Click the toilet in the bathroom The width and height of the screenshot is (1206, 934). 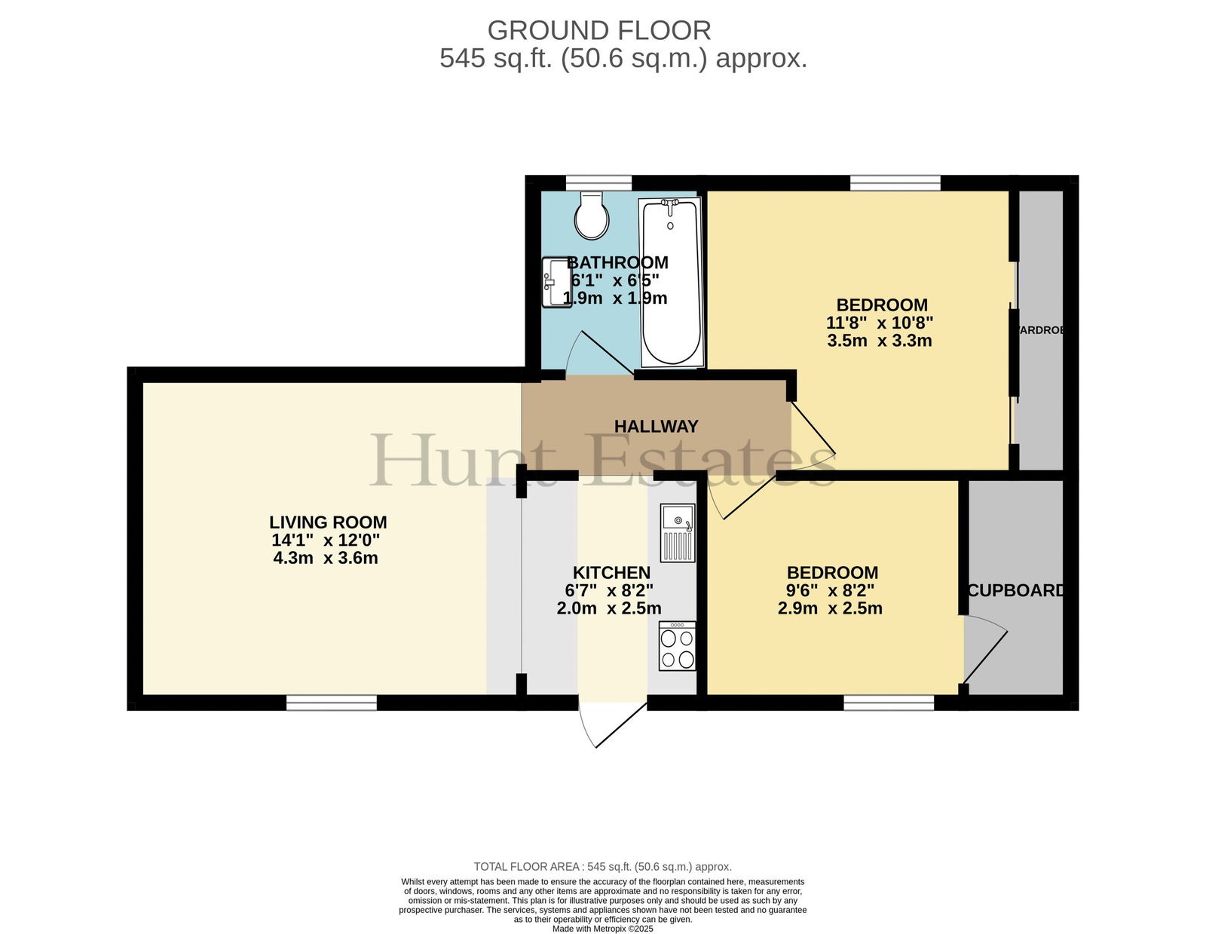(x=592, y=216)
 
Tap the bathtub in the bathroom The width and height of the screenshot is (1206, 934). (x=671, y=282)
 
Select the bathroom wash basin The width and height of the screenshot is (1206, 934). (x=556, y=281)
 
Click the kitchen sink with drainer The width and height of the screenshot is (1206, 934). (x=677, y=533)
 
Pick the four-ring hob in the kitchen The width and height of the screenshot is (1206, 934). (x=677, y=646)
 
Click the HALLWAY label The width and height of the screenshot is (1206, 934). (x=656, y=426)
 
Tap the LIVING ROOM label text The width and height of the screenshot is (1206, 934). (x=328, y=522)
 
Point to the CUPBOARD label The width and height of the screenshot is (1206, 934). (x=1015, y=590)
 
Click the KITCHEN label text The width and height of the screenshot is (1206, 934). (x=611, y=572)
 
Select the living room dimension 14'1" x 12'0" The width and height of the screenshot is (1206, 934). (x=326, y=540)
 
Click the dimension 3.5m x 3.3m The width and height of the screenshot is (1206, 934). (x=879, y=340)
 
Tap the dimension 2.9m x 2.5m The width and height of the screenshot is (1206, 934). (x=830, y=608)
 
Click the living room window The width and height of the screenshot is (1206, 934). (x=332, y=703)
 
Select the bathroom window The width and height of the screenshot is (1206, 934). (x=598, y=183)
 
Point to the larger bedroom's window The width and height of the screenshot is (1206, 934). (x=895, y=183)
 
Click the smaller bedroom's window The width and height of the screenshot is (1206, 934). (x=889, y=703)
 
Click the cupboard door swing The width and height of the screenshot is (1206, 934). (x=985, y=649)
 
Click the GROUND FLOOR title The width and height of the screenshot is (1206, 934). (x=598, y=30)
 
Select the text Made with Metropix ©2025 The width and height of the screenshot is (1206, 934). (x=603, y=929)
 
